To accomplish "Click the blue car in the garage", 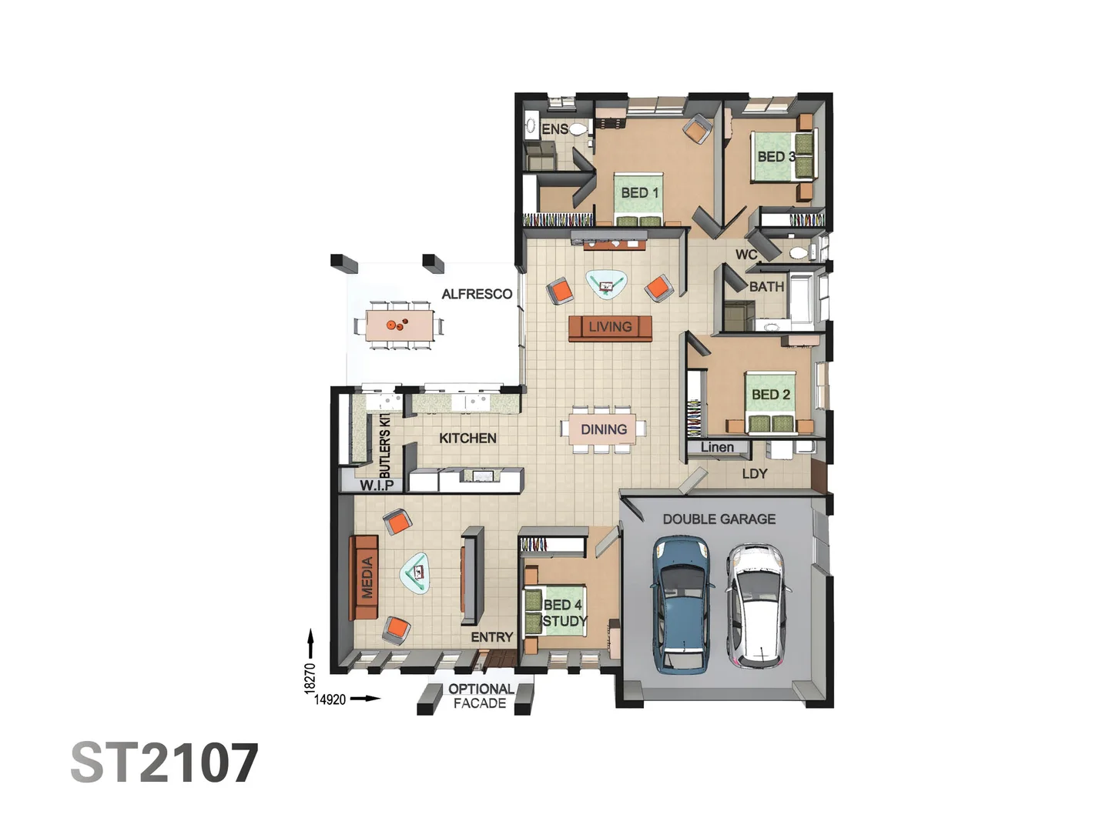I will pyautogui.click(x=681, y=604).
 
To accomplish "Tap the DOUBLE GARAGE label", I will pyautogui.click(x=719, y=519).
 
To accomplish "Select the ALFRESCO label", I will pyautogui.click(x=477, y=294).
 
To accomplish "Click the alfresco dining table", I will pyautogui.click(x=398, y=325).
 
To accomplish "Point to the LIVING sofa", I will pyautogui.click(x=610, y=327).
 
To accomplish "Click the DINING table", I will pyautogui.click(x=603, y=429).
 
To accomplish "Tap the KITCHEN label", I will pyautogui.click(x=467, y=438).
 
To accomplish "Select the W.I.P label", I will pyautogui.click(x=377, y=485).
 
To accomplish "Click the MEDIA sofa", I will pyautogui.click(x=366, y=577).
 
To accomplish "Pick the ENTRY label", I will pyautogui.click(x=491, y=637).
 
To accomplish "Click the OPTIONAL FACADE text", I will pyautogui.click(x=481, y=696).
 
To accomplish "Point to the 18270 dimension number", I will pyautogui.click(x=310, y=678).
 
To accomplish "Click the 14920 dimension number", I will pyautogui.click(x=330, y=699).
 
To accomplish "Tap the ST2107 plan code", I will pyautogui.click(x=164, y=763).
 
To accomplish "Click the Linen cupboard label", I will pyautogui.click(x=717, y=447).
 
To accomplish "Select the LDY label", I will pyautogui.click(x=754, y=474).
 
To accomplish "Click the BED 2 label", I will pyautogui.click(x=770, y=395).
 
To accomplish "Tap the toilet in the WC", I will pyautogui.click(x=798, y=252).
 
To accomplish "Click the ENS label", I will pyautogui.click(x=554, y=129).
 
